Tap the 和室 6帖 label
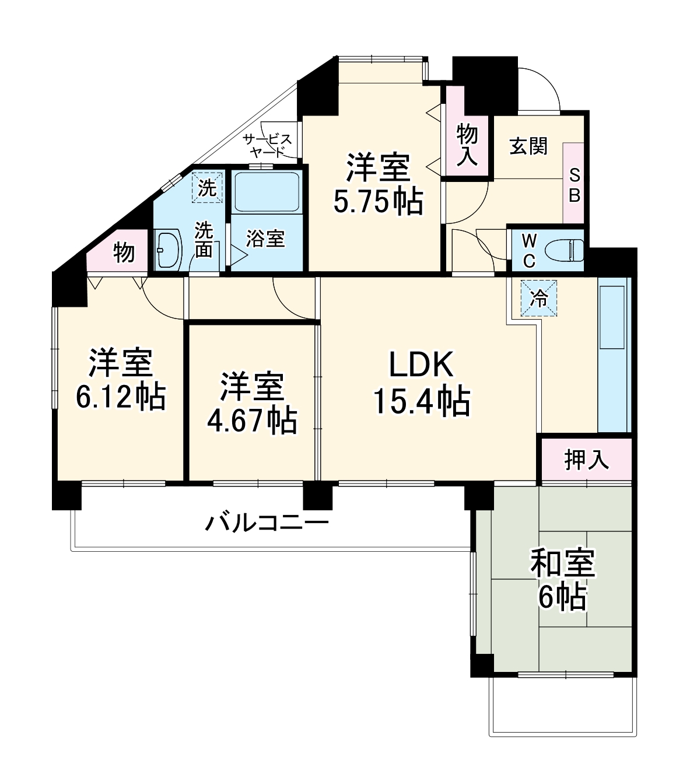coord(562,579)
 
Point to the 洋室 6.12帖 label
coord(120,380)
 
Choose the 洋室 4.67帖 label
coord(252,402)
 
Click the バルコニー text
coord(267,521)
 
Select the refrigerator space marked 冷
coord(538,298)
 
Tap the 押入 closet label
coord(586,460)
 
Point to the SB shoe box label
coord(574,185)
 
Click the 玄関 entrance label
coord(528,146)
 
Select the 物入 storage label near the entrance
coord(467,145)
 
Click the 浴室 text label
coord(265,239)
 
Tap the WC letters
coord(528,250)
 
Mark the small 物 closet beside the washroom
coord(124,254)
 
